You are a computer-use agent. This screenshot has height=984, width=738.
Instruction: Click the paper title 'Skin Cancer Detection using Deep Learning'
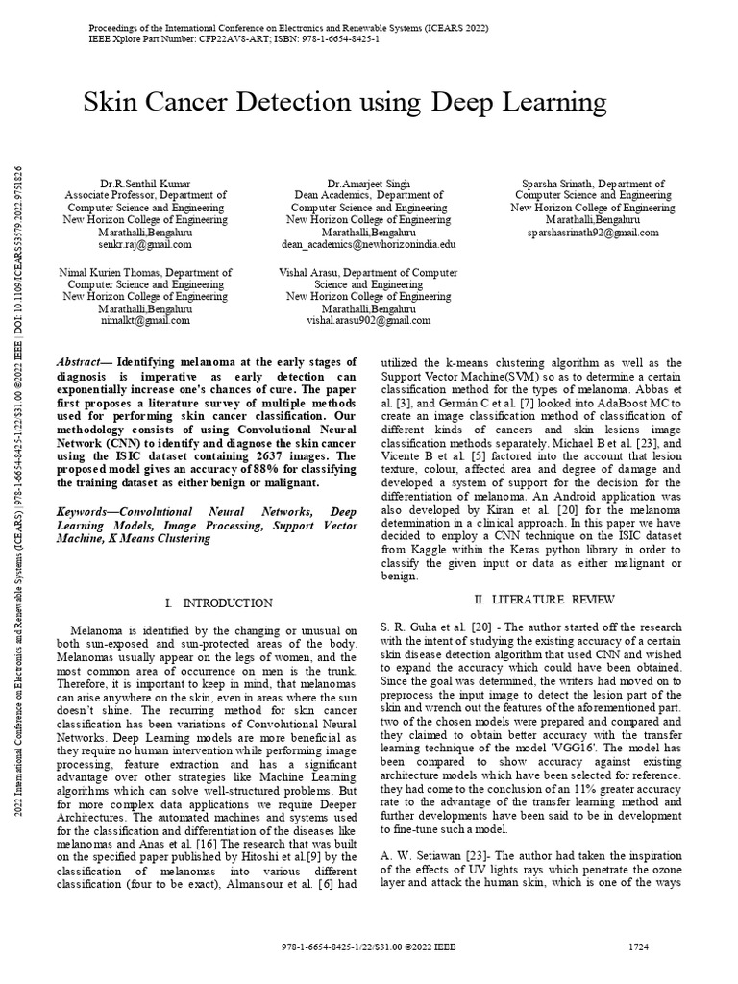pyautogui.click(x=346, y=101)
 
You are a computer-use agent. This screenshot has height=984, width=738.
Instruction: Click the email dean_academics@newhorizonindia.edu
pyautogui.click(x=369, y=245)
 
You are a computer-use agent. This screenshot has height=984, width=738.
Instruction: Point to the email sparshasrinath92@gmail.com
pyautogui.click(x=591, y=233)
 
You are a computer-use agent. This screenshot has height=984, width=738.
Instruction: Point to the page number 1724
pyautogui.click(x=638, y=947)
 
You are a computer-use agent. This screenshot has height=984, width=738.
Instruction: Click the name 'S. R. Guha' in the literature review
pyautogui.click(x=402, y=626)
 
